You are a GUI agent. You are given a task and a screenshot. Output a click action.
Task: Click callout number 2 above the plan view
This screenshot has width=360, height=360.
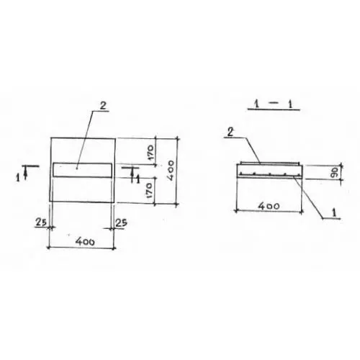[x=103, y=106]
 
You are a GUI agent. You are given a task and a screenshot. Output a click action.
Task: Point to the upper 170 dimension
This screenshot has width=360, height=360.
[x=150, y=151]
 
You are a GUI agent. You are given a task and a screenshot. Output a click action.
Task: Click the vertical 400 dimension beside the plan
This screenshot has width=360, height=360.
[x=171, y=171]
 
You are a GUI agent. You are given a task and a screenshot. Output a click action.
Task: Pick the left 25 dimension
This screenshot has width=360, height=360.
[x=41, y=222]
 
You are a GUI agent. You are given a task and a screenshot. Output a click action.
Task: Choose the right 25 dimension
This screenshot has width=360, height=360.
[x=121, y=223]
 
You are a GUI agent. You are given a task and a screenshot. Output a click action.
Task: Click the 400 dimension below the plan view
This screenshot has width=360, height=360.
[x=85, y=241]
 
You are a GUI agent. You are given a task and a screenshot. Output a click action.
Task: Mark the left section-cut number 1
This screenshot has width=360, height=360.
[x=18, y=178]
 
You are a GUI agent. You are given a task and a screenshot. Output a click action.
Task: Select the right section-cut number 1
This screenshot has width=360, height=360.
[x=138, y=179]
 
